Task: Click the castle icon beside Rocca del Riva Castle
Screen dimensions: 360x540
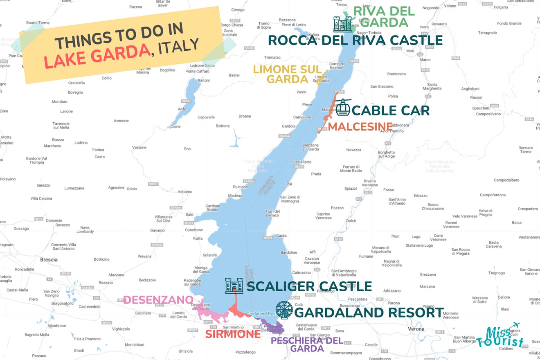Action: (x=342, y=25)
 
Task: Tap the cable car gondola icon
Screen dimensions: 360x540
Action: (x=343, y=108)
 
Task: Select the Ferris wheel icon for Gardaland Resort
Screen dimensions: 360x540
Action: (x=283, y=310)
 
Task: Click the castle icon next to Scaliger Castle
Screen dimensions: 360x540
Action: (x=234, y=286)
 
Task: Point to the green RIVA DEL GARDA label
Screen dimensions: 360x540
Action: (x=384, y=17)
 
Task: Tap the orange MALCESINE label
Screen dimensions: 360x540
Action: (x=360, y=126)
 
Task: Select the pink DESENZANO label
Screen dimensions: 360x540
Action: (x=158, y=300)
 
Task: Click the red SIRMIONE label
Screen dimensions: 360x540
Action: (x=233, y=334)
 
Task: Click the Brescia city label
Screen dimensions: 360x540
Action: (x=49, y=259)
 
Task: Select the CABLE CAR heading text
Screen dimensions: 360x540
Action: (x=390, y=110)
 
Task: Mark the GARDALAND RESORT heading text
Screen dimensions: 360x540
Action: (x=369, y=313)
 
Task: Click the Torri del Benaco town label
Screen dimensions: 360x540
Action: (x=272, y=213)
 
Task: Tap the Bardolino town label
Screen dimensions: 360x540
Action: (x=289, y=252)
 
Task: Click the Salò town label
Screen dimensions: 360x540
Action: (x=189, y=214)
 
